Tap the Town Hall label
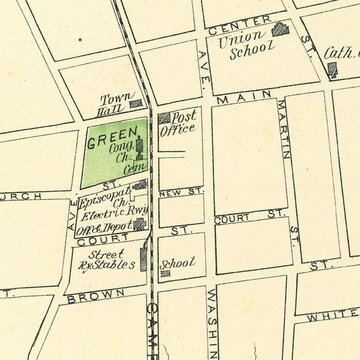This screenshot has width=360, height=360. point(113,103)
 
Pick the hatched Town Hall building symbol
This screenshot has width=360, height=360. point(136,103)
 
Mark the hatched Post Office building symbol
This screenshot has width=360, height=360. point(164,118)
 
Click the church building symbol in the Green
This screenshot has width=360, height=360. point(140,145)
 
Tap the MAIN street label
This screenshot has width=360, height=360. point(244,97)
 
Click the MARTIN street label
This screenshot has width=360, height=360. point(284,129)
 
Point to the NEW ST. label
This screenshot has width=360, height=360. point(181,192)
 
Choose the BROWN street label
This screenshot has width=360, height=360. point(96,295)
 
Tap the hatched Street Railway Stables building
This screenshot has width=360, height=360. point(143,259)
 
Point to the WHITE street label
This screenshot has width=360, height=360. point(330,315)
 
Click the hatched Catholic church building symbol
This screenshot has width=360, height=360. point(332,69)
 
